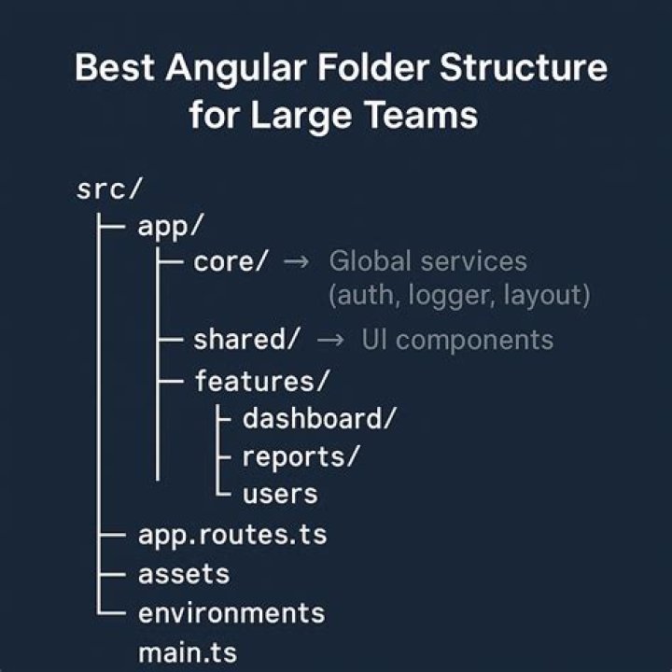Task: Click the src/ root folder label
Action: [108, 188]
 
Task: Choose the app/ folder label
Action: [170, 227]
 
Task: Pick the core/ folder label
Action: [231, 262]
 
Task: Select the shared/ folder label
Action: [246, 341]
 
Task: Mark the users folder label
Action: [280, 494]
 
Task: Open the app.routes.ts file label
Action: [232, 536]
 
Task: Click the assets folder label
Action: [184, 574]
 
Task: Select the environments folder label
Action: [231, 613]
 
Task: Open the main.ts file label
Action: [188, 651]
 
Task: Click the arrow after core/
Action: [295, 263]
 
